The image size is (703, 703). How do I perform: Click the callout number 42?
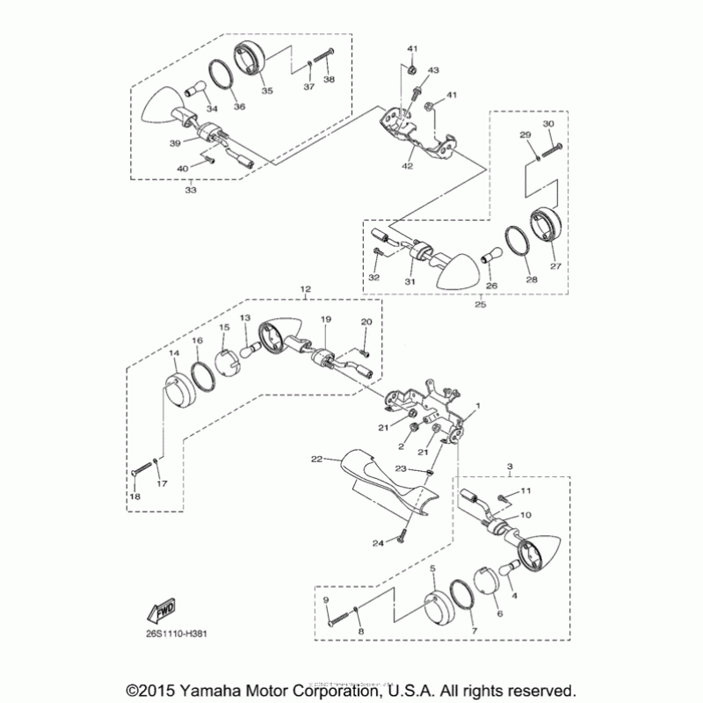408,164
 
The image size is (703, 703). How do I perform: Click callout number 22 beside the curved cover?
317,458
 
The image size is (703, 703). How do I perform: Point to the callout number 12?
305,289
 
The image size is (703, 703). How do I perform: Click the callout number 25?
481,304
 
